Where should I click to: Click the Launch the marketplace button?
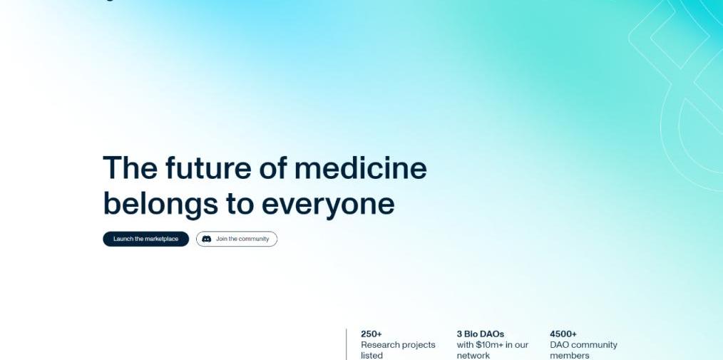(145, 239)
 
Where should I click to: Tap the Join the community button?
(237, 239)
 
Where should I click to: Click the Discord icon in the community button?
(207, 239)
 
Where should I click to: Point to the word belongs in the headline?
(160, 204)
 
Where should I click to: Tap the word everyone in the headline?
(328, 205)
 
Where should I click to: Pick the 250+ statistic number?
(371, 334)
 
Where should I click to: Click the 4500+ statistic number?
(563, 334)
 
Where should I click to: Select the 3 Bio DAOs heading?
(481, 334)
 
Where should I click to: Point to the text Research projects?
(398, 345)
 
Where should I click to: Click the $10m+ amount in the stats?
(490, 345)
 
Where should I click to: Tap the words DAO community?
(583, 345)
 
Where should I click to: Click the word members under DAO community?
(570, 356)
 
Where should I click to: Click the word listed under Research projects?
(371, 356)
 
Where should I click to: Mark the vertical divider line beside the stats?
(347, 344)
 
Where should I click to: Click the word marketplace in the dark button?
(161, 239)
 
